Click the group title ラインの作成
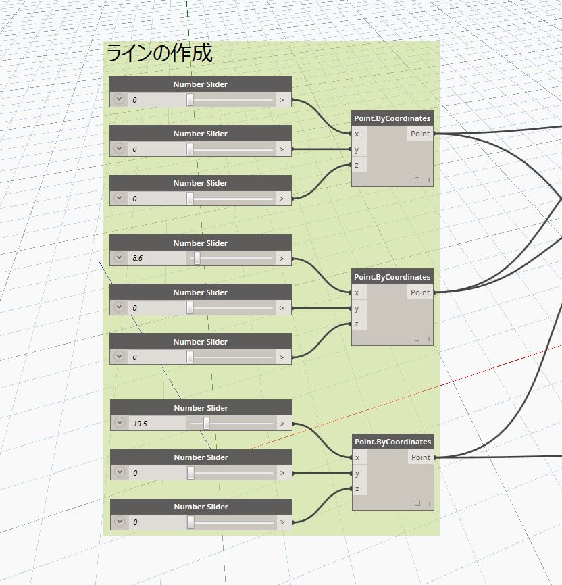[x=159, y=53]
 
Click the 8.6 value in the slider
[x=138, y=258]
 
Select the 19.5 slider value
[x=140, y=424]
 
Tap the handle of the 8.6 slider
[x=197, y=258]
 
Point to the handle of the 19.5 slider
[x=206, y=424]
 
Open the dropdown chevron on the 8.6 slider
[x=120, y=258]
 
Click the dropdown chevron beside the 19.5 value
[x=120, y=423]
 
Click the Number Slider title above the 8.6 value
[x=201, y=243]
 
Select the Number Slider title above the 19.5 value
[x=201, y=408]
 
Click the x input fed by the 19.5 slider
[x=358, y=457]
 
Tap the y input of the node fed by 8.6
[x=357, y=308]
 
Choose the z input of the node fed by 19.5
[x=358, y=488]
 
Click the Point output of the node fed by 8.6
[x=420, y=292]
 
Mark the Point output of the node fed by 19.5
[x=421, y=457]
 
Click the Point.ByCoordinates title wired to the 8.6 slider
[x=392, y=277]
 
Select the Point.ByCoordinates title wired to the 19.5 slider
[x=392, y=442]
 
